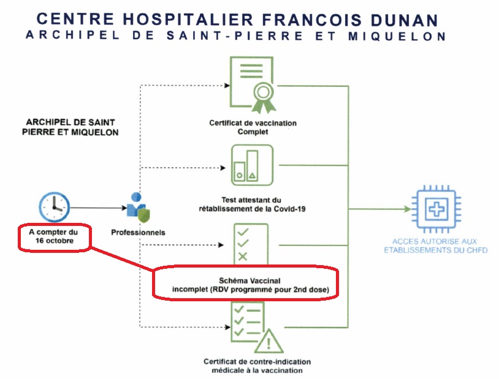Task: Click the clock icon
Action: click(54, 206)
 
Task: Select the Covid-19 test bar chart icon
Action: click(252, 164)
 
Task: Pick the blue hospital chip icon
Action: click(436, 209)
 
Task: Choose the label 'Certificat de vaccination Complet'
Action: click(253, 127)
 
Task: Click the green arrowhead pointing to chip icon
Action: click(405, 209)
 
